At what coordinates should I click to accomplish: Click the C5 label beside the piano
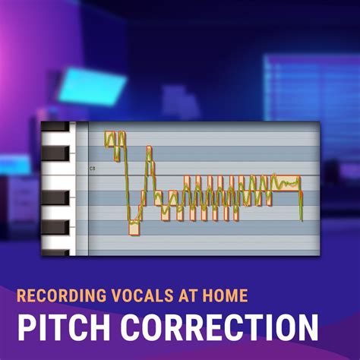pyautogui.click(x=92, y=168)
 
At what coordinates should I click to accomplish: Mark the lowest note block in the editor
pyautogui.click(x=134, y=227)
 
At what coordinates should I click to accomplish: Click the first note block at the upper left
pyautogui.click(x=110, y=139)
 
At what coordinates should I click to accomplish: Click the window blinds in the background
pyautogui.click(x=308, y=84)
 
